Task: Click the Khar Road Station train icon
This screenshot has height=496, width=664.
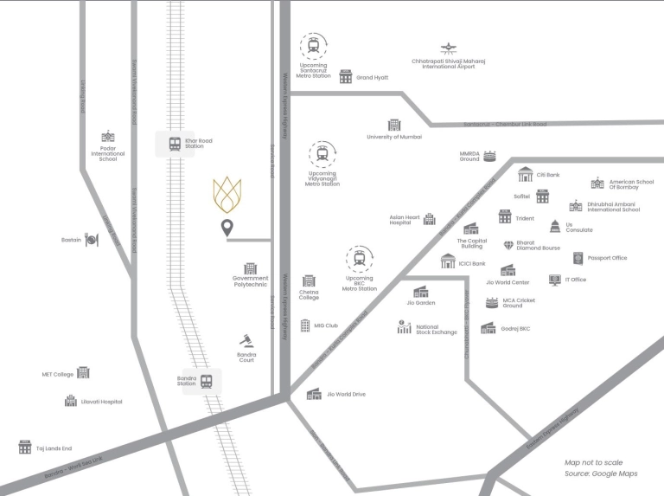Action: coord(175,144)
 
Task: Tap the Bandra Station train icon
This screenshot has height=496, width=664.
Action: coord(206,381)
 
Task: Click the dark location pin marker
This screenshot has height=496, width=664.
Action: coord(227,229)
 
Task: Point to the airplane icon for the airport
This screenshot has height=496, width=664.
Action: coord(448,48)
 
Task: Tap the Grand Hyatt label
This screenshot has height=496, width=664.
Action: coord(373,78)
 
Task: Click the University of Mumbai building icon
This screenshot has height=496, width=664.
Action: coord(394,126)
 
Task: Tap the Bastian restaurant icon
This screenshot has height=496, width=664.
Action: coord(92,240)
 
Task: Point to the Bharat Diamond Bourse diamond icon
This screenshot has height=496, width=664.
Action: coord(508,246)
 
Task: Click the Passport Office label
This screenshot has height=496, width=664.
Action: coord(607,258)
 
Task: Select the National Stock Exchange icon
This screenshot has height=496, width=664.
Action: coord(404,327)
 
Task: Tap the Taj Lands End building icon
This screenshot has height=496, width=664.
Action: coord(25,448)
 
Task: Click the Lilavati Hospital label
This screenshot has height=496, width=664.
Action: coord(101,402)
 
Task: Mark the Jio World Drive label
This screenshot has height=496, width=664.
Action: coord(346,395)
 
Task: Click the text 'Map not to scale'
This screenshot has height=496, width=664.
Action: coord(593,463)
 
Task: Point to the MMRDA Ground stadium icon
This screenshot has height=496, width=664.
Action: coord(490,156)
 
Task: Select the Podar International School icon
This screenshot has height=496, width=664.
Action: coord(108,137)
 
